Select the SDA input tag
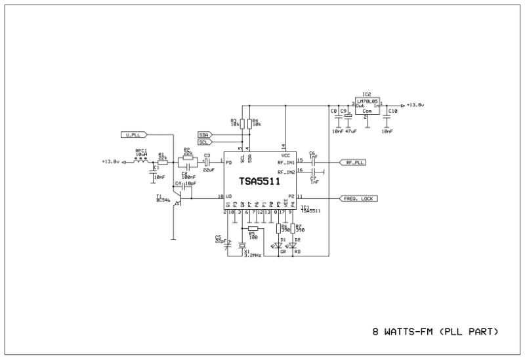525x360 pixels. tap(205, 134)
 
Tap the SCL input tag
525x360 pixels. tap(205, 142)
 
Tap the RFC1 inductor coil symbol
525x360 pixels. tap(140, 160)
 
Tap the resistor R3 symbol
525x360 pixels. tap(242, 123)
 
